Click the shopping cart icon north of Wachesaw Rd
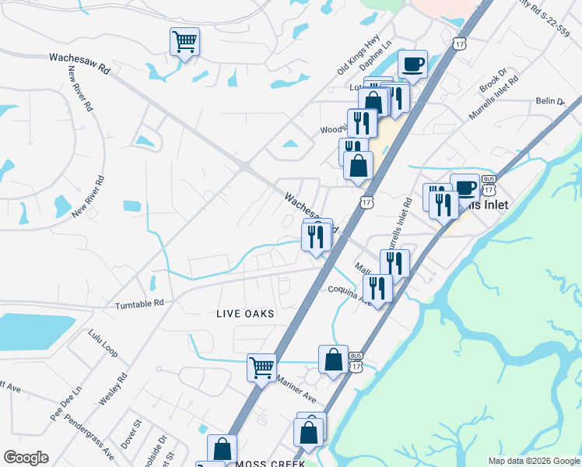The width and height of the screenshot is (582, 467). point(185,41)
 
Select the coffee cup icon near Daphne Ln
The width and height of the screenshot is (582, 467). point(412,64)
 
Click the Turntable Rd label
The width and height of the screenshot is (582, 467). point(139,303)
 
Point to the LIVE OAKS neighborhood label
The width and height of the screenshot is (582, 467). point(245,314)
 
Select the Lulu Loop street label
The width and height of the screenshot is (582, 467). point(102,343)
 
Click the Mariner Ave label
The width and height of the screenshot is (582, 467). point(296,390)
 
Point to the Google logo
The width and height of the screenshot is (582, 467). point(26,458)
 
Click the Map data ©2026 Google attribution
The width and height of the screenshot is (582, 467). point(534,461)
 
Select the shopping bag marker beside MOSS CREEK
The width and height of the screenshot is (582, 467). point(222,449)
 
